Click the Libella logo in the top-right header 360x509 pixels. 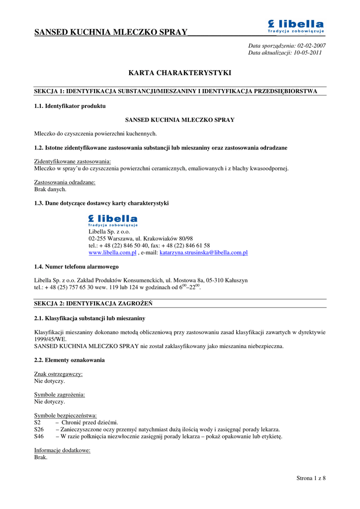pos(296,26)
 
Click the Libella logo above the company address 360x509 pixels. pos(113,221)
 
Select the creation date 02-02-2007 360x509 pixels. pos(311,46)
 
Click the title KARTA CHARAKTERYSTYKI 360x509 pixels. pos(180,73)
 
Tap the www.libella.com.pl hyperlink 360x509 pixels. pos(112,253)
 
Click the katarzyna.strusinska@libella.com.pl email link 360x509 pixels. pos(203,253)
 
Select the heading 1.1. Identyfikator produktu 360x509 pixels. pos(70,106)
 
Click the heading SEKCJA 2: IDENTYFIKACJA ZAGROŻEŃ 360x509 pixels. pos(93,303)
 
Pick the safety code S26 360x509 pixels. pos(39,429)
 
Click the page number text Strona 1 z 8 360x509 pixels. pos(311,479)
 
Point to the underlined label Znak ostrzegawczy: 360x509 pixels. pos(58,374)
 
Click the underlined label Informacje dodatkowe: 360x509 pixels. pos(62,450)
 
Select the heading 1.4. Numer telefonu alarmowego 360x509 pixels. pos(76,267)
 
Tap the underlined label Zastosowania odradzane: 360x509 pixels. pos(65,182)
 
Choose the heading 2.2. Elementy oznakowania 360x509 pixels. pos(69,360)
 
